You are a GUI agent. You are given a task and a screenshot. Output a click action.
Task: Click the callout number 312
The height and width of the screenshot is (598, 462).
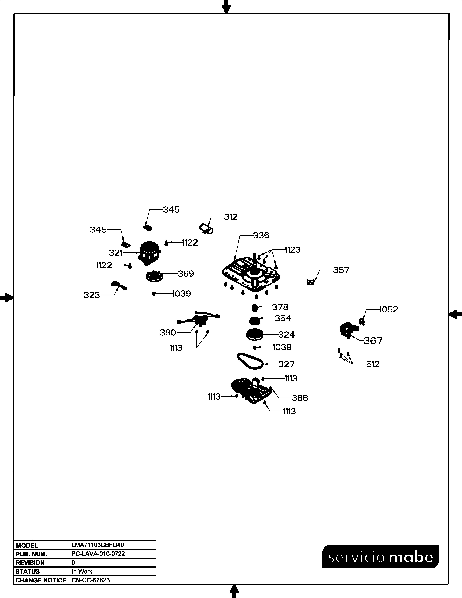coord(231,217)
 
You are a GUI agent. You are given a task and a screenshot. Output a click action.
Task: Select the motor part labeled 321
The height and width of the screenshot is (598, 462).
coord(149,253)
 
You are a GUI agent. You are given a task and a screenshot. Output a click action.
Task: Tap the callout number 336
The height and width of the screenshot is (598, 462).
coord(261,235)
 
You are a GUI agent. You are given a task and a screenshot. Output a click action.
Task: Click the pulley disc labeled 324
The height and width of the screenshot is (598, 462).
coord(255,335)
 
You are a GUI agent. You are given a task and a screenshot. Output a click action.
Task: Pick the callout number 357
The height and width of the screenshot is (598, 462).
coord(341,270)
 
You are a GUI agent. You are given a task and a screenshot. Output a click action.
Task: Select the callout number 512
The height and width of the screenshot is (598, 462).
coord(373,364)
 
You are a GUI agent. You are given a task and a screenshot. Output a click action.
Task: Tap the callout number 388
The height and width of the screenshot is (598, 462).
coord(300,398)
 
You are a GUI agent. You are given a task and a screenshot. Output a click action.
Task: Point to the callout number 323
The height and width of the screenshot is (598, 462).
coord(92,295)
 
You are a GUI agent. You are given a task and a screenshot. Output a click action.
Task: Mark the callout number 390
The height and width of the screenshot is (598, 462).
coord(168,333)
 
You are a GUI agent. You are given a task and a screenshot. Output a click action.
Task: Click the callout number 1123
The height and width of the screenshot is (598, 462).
coord(293,250)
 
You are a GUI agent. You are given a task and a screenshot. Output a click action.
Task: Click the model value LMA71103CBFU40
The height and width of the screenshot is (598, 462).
coord(98,545)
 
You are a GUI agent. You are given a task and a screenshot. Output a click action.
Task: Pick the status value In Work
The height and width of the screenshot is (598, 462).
coord(82,571)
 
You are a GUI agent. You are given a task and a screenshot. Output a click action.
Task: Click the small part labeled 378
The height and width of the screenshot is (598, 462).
coord(255,308)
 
